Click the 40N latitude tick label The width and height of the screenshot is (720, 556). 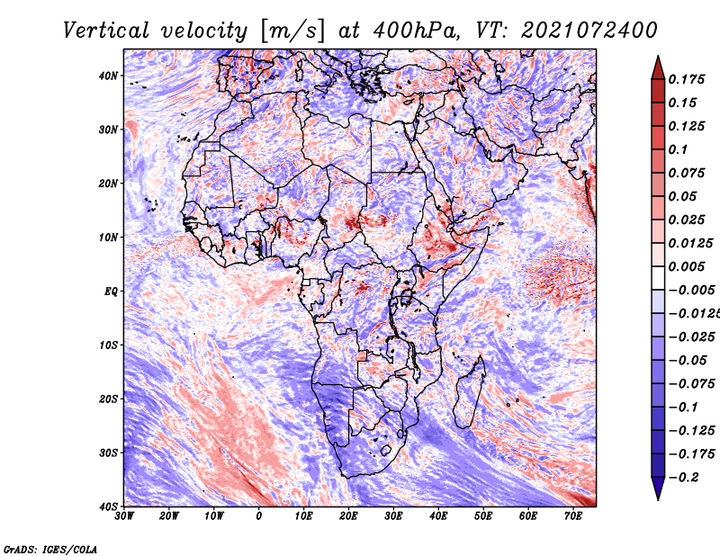tap(108, 76)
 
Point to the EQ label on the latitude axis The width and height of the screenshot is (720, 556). tap(111, 291)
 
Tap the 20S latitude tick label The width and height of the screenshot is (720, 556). tap(108, 399)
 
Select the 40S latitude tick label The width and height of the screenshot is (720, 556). tap(108, 507)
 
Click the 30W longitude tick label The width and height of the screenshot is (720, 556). tap(124, 516)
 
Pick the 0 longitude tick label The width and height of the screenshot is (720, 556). tap(259, 516)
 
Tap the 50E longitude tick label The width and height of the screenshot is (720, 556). tap(483, 516)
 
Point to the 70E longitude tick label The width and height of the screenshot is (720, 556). tap(573, 516)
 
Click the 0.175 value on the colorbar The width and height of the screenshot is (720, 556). tap(687, 79)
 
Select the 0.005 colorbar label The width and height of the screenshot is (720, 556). tap(687, 266)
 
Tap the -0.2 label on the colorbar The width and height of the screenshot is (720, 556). tap(683, 478)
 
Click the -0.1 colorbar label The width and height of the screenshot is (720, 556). tap(683, 408)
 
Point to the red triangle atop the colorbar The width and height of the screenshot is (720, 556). tap(658, 68)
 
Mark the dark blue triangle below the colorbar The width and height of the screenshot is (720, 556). tap(658, 488)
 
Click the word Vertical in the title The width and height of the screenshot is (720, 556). tap(106, 31)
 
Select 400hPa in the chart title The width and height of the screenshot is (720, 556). tap(416, 31)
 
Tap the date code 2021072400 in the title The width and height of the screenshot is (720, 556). tap(589, 31)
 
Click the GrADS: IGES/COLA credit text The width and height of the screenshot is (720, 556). tap(50, 549)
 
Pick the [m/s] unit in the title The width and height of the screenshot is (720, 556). tap(292, 31)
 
